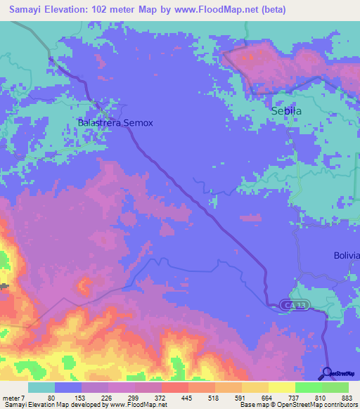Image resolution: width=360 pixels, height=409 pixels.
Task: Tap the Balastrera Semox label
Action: (x=115, y=122)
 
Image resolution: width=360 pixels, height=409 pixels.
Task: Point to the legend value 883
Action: (x=348, y=397)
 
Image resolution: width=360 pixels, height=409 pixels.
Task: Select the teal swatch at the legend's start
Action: (x=41, y=387)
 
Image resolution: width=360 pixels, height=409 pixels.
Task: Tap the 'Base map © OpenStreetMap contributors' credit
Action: (x=296, y=405)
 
